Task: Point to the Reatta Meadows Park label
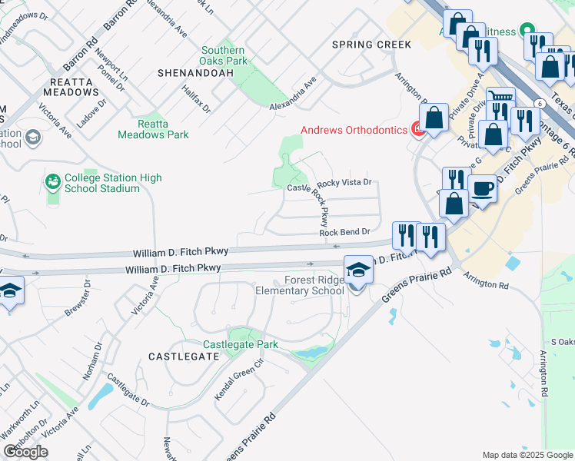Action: coord(153,129)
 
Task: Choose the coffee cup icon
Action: coord(482,188)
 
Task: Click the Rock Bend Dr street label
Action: coord(345,232)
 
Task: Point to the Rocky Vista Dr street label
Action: coord(344,183)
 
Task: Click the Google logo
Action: coord(25,452)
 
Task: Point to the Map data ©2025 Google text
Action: coord(527,455)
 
